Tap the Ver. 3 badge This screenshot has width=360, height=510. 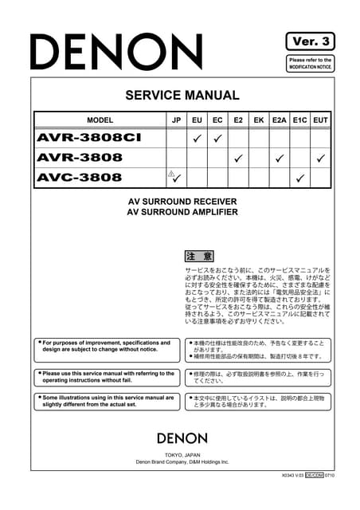click(x=309, y=41)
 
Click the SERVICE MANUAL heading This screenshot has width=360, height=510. click(x=182, y=96)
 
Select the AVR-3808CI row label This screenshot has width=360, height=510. click(x=88, y=138)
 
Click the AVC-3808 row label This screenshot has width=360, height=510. click(x=80, y=177)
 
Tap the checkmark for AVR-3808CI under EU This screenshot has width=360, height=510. click(x=196, y=139)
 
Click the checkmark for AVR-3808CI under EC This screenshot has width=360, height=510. click(x=217, y=139)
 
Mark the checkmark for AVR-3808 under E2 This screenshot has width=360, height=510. click(x=237, y=158)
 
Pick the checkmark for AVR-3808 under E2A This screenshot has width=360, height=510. click(x=279, y=158)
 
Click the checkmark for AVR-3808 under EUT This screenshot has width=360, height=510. click(x=320, y=158)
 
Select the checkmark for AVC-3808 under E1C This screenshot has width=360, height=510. click(x=299, y=177)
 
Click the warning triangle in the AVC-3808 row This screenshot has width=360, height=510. click(x=170, y=173)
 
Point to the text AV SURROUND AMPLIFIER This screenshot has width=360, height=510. click(x=182, y=213)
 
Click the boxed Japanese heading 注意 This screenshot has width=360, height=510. click(x=199, y=257)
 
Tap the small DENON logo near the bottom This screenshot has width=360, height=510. click(x=182, y=437)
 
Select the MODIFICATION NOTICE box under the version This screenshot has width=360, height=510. click(x=310, y=64)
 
